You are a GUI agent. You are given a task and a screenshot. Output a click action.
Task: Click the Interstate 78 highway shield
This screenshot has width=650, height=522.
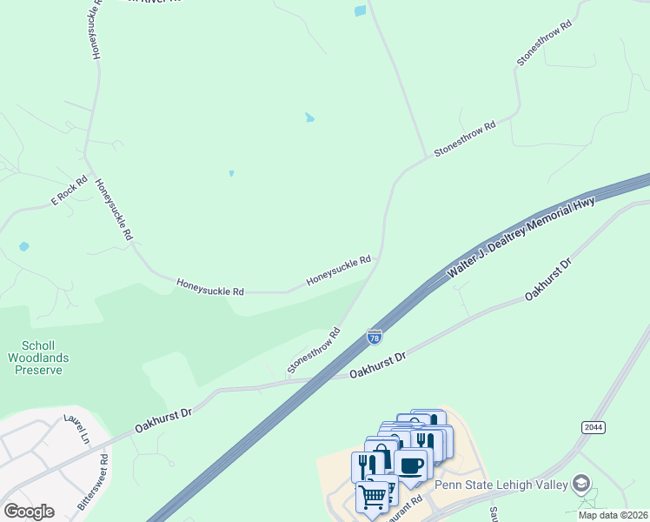375,336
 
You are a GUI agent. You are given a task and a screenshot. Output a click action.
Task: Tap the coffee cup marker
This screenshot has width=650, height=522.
412,465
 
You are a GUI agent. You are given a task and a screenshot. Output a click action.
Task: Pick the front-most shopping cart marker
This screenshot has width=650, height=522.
373,498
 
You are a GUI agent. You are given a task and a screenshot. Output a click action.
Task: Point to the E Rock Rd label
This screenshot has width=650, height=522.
69,191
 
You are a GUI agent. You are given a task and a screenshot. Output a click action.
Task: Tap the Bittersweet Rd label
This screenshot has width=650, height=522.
92,481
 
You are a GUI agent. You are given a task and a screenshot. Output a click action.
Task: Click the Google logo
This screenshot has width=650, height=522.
29,511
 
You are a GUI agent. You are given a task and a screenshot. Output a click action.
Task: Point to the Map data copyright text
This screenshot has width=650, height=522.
613,515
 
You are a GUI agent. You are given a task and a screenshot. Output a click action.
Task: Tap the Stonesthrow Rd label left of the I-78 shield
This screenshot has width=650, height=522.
313,351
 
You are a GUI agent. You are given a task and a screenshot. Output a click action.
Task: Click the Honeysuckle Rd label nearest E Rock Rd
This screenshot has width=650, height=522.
113,209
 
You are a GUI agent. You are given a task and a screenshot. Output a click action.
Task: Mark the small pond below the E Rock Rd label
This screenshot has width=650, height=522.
23,247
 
